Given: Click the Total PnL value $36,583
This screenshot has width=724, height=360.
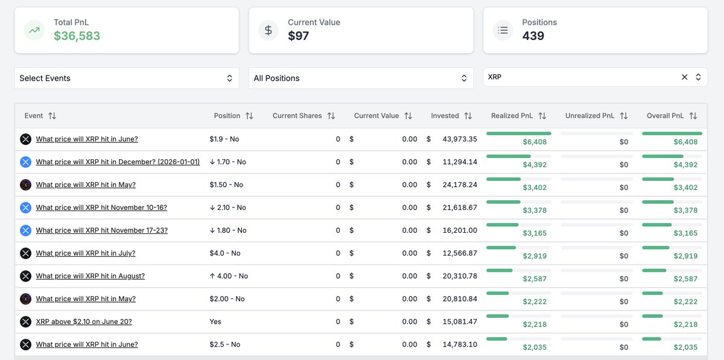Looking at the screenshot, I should pyautogui.click(x=77, y=36).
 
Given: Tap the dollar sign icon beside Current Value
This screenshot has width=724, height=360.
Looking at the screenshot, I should pyautogui.click(x=268, y=30).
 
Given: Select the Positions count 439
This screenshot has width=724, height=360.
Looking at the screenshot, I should pyautogui.click(x=533, y=36).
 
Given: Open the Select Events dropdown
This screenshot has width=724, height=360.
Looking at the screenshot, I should pyautogui.click(x=126, y=78).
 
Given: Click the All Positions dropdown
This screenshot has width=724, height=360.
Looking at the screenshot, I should pyautogui.click(x=360, y=78).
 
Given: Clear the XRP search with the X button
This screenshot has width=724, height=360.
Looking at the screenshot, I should pyautogui.click(x=684, y=77).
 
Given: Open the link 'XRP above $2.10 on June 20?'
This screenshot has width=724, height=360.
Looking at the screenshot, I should pyautogui.click(x=84, y=322).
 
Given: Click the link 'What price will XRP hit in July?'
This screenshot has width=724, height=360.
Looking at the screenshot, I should pyautogui.click(x=86, y=253).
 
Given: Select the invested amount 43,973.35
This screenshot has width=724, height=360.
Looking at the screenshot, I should pyautogui.click(x=460, y=139).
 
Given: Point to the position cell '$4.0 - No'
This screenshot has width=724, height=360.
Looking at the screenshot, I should pyautogui.click(x=225, y=253).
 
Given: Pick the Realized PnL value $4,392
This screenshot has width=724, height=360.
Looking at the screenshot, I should pyautogui.click(x=535, y=165).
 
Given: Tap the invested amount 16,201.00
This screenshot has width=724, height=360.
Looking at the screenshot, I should pyautogui.click(x=460, y=230).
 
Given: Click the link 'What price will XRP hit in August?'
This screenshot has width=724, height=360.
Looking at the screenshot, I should pyautogui.click(x=91, y=276).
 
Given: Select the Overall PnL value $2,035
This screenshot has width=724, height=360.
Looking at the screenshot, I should pyautogui.click(x=685, y=347).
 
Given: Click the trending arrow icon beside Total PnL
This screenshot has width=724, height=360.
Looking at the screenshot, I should pyautogui.click(x=34, y=30).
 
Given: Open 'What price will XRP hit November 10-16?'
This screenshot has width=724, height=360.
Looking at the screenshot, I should pyautogui.click(x=101, y=207).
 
